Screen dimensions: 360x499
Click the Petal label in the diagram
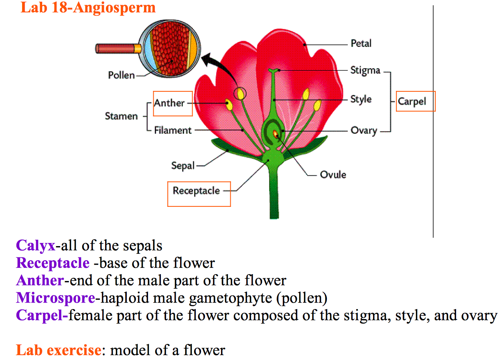point(361,43)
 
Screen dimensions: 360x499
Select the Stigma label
point(365,71)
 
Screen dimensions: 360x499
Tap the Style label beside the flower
point(361,99)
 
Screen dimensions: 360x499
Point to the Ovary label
point(363,131)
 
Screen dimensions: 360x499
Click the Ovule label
point(333,175)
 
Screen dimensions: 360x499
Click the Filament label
point(173,130)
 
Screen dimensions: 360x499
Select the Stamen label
point(121,116)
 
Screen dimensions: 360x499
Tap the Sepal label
point(183,165)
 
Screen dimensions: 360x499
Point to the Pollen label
point(121,75)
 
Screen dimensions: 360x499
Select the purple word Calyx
point(35,245)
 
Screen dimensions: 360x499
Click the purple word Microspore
point(55,298)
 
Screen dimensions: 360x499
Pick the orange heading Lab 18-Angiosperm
point(88,8)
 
